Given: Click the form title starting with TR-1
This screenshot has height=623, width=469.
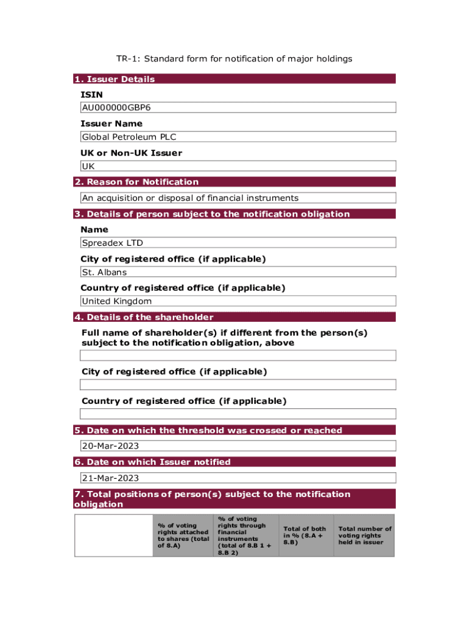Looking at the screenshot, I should coord(234,59).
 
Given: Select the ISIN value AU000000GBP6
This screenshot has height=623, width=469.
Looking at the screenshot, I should coord(116,108).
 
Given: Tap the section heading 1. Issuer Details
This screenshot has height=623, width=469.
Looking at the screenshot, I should coord(115,79).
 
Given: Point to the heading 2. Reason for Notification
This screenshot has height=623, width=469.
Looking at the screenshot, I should coord(136,182).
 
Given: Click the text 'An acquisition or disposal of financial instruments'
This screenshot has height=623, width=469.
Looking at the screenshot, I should coord(190,198).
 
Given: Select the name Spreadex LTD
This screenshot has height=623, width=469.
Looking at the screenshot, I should coord(113,243).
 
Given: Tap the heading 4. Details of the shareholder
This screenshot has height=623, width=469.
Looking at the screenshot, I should coord(144,317).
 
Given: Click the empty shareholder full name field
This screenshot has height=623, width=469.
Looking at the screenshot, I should coord(238,355).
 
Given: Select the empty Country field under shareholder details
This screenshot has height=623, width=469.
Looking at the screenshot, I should coord(238,414).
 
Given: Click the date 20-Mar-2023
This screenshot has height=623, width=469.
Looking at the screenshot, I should coord(110,445).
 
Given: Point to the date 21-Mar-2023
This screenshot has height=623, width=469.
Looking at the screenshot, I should coord(110,478).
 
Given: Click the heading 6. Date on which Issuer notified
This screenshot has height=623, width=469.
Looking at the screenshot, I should coord(152,462).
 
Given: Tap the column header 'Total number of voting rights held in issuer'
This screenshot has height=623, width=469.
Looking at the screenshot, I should coord(365,535).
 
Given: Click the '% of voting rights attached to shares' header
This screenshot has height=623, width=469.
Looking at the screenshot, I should coord(183,535).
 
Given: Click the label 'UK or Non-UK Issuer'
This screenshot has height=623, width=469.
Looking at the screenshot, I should coord(131,153).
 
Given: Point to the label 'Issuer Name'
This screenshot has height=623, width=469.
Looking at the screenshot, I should coord(111,124).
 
